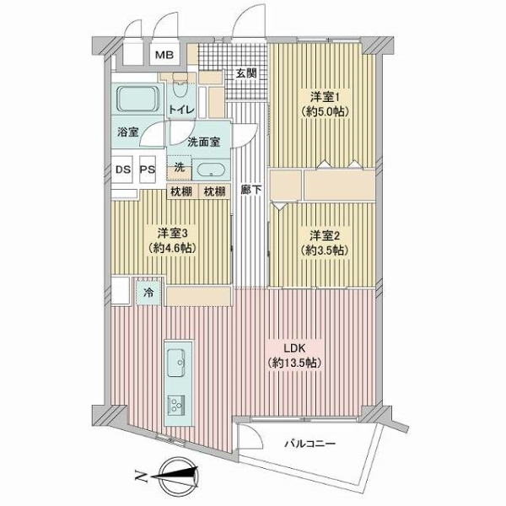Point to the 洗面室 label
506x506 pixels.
tap(203, 142)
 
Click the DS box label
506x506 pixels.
tap(122, 169)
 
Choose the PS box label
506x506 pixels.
tap(148, 169)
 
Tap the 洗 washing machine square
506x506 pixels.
tap(179, 167)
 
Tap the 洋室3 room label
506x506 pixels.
tap(170, 233)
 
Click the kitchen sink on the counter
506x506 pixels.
tap(178, 363)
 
